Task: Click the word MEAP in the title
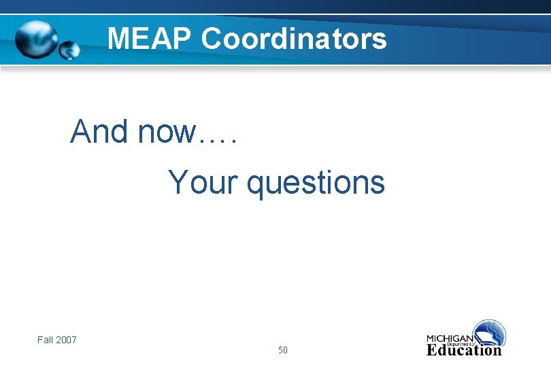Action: tap(150, 39)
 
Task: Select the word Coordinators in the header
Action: tap(294, 39)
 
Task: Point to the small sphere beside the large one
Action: tap(69, 50)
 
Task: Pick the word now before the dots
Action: tap(165, 131)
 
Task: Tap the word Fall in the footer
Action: tap(45, 339)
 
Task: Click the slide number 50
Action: tap(282, 351)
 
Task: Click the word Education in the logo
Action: tap(464, 351)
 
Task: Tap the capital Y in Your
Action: tap(178, 182)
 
